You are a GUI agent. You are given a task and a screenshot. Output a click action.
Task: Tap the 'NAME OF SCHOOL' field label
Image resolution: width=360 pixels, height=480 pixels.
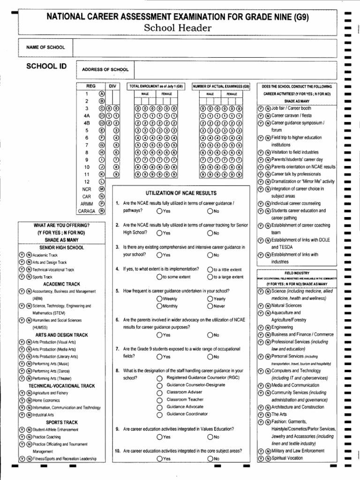(x=46, y=47)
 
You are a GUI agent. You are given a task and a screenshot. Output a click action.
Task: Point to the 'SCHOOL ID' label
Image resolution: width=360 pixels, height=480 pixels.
(x=46, y=67)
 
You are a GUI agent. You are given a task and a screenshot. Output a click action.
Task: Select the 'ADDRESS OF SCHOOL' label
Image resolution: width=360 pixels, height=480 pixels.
(x=105, y=69)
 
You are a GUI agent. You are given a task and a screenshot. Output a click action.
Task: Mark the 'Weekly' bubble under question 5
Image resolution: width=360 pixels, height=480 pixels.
(x=160, y=299)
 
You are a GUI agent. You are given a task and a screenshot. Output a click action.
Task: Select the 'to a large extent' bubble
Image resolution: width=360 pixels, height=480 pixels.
(x=210, y=277)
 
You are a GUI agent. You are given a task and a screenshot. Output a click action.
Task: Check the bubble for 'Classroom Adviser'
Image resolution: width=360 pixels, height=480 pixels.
(x=160, y=392)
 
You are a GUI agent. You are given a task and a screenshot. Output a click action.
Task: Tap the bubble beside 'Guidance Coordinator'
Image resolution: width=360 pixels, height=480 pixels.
(x=160, y=414)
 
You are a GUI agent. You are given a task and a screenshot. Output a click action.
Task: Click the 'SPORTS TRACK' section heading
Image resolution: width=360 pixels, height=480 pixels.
(x=61, y=422)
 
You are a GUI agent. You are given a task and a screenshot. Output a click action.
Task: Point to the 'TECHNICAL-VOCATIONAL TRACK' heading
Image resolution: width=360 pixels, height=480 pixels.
(x=61, y=385)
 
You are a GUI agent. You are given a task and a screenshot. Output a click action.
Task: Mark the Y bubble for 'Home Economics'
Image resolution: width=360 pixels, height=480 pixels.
(x=22, y=400)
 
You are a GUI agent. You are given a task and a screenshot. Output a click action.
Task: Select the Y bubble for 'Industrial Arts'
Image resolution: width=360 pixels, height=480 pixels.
(x=22, y=415)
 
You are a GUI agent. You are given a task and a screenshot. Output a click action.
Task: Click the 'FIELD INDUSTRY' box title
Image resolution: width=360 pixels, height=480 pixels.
(x=297, y=272)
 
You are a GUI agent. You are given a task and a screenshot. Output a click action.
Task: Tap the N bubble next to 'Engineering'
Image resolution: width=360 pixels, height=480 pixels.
(x=268, y=327)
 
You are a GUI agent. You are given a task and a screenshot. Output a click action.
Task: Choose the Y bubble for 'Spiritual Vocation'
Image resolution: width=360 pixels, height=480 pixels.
(x=261, y=458)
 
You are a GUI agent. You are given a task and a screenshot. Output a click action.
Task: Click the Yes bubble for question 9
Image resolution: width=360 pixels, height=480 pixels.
(x=160, y=437)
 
